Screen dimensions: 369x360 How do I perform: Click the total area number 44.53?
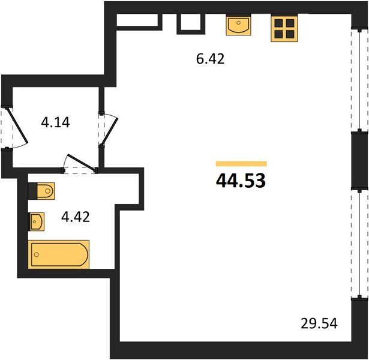[x=241, y=181]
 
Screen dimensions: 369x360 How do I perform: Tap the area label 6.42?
[x=211, y=59]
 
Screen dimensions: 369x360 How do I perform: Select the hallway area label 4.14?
[x=55, y=122]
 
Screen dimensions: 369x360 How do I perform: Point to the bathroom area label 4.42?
[x=76, y=217]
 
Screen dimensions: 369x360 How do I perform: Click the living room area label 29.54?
[x=319, y=323]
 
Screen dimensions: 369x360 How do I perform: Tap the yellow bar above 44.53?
[x=241, y=164]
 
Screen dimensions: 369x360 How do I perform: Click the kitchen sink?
[x=238, y=25]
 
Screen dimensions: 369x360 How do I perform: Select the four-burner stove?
[x=284, y=28]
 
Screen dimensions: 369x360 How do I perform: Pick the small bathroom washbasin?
[x=37, y=221]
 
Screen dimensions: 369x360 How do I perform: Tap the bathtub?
[x=59, y=254]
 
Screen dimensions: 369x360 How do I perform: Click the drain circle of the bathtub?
[x=37, y=254]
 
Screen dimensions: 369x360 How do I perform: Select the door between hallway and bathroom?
[x=82, y=162]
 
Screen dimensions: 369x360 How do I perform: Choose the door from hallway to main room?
[x=109, y=131]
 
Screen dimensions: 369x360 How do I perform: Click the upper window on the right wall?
[x=359, y=80]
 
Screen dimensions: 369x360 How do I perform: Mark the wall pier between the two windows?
[x=359, y=160]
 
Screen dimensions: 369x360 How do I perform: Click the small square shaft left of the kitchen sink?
[x=191, y=22]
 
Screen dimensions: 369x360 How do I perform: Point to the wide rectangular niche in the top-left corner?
[x=137, y=20]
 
